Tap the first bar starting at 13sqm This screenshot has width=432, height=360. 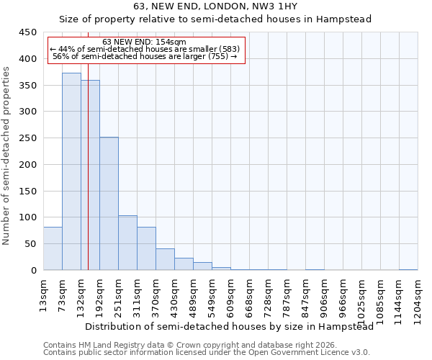53,248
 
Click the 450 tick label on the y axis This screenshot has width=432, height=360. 27,32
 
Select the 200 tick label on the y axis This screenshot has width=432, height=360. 27,164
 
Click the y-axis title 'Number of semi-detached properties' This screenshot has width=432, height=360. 7,156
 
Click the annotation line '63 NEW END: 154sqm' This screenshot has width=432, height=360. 145,42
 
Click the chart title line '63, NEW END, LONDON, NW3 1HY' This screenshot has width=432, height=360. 215,6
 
